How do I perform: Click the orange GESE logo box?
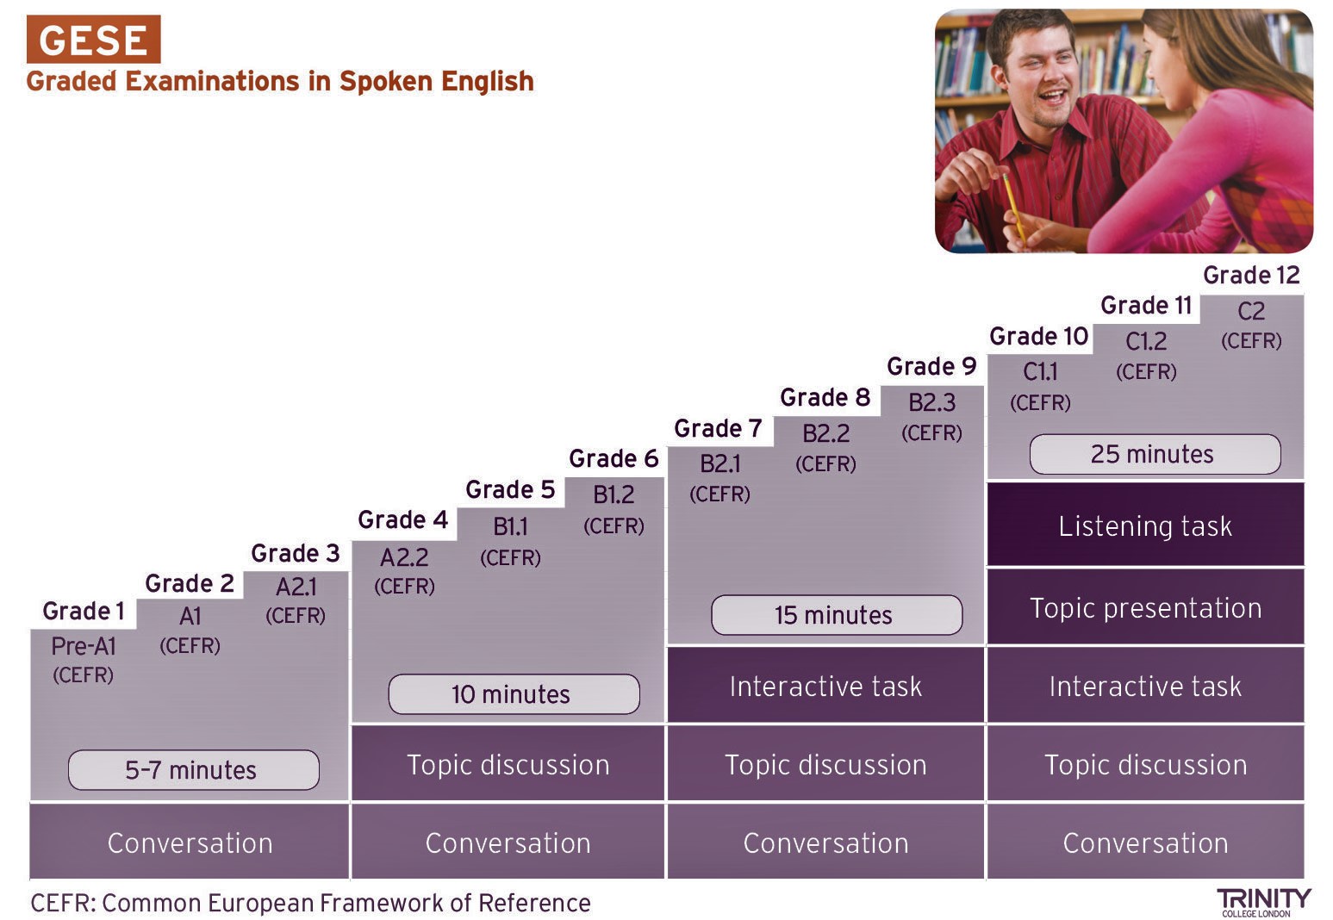pyautogui.click(x=93, y=40)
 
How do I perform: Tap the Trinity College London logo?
pyautogui.click(x=1263, y=901)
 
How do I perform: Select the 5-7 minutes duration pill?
pyautogui.click(x=193, y=769)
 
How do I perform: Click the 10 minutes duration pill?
pyautogui.click(x=514, y=694)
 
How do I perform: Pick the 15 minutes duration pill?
pyautogui.click(x=836, y=615)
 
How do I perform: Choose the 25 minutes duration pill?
pyautogui.click(x=1155, y=454)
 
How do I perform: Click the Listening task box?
pyautogui.click(x=1145, y=525)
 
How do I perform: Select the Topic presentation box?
pyautogui.click(x=1145, y=607)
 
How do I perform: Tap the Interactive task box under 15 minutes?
pyautogui.click(x=825, y=686)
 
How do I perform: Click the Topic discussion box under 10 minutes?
pyautogui.click(x=508, y=764)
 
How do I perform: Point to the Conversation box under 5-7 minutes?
pyautogui.click(x=190, y=842)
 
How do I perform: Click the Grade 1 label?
pyautogui.click(x=84, y=612)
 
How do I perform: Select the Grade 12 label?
pyautogui.click(x=1251, y=275)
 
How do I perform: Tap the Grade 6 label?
pyautogui.click(x=614, y=458)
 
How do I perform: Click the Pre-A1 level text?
pyautogui.click(x=84, y=646)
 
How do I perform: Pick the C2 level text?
pyautogui.click(x=1251, y=311)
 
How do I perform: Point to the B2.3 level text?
pyautogui.click(x=931, y=402)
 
